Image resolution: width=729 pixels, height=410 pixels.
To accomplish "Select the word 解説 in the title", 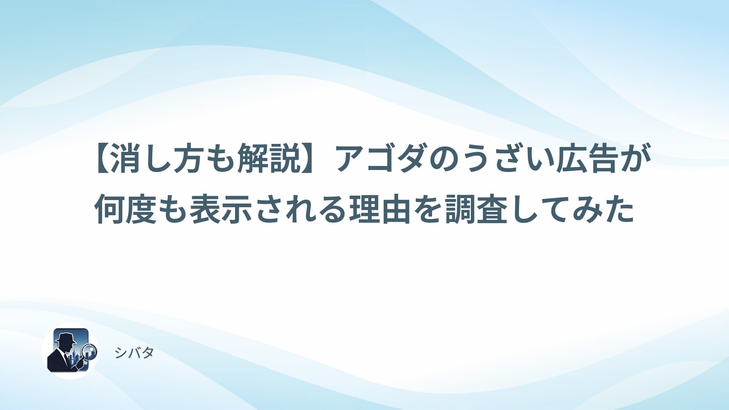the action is coord(271,158).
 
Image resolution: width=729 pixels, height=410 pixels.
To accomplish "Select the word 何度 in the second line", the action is coord(126,209).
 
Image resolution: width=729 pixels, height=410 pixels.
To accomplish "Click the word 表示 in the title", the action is coord(221,209).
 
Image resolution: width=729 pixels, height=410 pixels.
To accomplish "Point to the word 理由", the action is coord(380,209).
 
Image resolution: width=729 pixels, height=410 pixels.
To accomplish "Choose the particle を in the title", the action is coord(428,209).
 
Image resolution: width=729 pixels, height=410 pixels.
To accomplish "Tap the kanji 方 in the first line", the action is coord(191,158).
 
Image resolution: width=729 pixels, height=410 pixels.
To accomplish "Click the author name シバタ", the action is coord(134,353).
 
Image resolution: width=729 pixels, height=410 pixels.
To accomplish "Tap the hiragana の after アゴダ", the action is coord(444,159).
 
